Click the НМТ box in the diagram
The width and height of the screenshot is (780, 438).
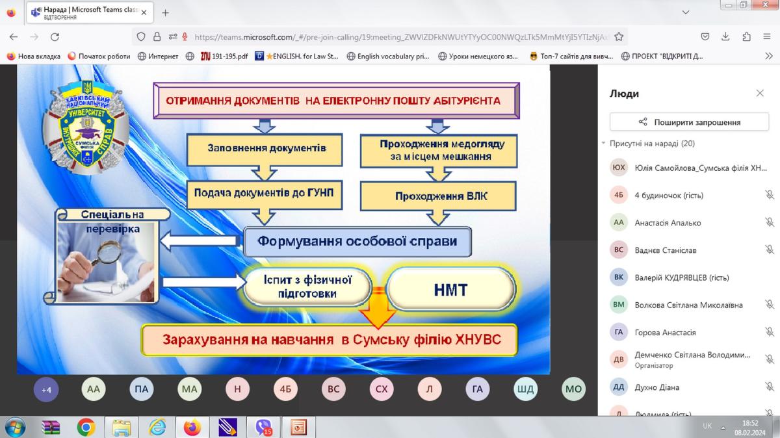pos(450,289)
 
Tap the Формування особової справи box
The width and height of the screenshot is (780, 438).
pos(357,241)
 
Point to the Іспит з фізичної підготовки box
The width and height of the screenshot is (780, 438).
pos(308,287)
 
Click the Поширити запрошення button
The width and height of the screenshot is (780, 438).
pos(688,122)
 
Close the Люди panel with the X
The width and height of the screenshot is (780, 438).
pos(760,94)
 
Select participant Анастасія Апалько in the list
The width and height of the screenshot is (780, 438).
pos(668,222)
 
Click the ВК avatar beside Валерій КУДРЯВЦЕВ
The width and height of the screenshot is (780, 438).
pos(619,277)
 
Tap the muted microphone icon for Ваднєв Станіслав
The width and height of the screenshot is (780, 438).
pos(770,250)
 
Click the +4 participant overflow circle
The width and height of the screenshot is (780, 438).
pos(46,390)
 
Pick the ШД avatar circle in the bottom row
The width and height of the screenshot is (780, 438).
pos(525,390)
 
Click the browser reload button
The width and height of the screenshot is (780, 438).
pos(55,37)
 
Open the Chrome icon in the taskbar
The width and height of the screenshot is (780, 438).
pos(86,427)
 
